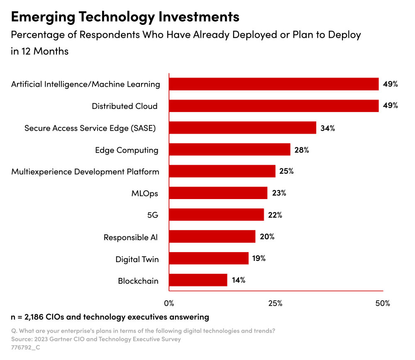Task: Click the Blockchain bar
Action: click(x=198, y=280)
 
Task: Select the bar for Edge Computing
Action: click(x=229, y=149)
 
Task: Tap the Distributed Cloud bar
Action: click(x=273, y=106)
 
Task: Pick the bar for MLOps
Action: click(x=218, y=193)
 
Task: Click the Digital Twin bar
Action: click(x=209, y=258)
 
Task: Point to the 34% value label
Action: click(x=327, y=128)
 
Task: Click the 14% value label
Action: click(x=238, y=280)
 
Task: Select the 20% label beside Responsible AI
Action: click(x=267, y=237)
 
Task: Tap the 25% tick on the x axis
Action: click(x=276, y=303)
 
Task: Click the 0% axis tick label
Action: click(x=169, y=303)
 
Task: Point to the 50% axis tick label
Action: click(x=382, y=303)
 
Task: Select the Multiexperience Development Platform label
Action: click(x=85, y=171)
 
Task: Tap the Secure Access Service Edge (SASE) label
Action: click(x=90, y=128)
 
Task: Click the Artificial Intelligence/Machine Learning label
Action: click(x=85, y=84)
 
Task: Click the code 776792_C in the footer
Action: click(x=26, y=348)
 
